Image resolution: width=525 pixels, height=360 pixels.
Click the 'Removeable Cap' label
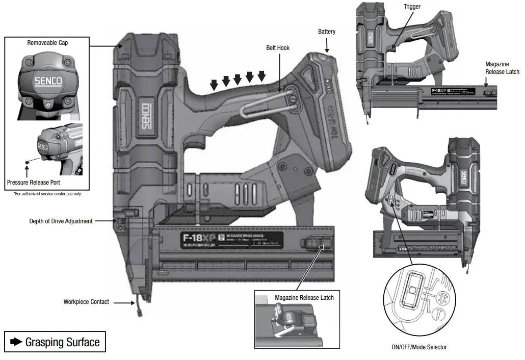coord(47,43)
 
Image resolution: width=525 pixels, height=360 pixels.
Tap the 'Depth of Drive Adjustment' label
coord(61,221)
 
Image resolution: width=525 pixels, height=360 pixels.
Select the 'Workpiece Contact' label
coord(86,302)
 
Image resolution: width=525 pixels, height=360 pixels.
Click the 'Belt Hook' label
coord(278,48)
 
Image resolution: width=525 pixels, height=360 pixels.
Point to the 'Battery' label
coord(327,32)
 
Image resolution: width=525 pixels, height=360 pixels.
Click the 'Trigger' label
coord(412,7)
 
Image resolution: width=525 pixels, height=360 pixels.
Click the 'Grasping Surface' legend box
coord(55,342)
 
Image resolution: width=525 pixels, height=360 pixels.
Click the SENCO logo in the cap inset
coord(47,81)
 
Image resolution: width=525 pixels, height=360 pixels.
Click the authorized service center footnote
coord(47,194)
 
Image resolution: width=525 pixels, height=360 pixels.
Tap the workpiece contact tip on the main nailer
coord(138,309)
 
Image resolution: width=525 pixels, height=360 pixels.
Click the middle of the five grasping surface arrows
coord(238,80)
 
